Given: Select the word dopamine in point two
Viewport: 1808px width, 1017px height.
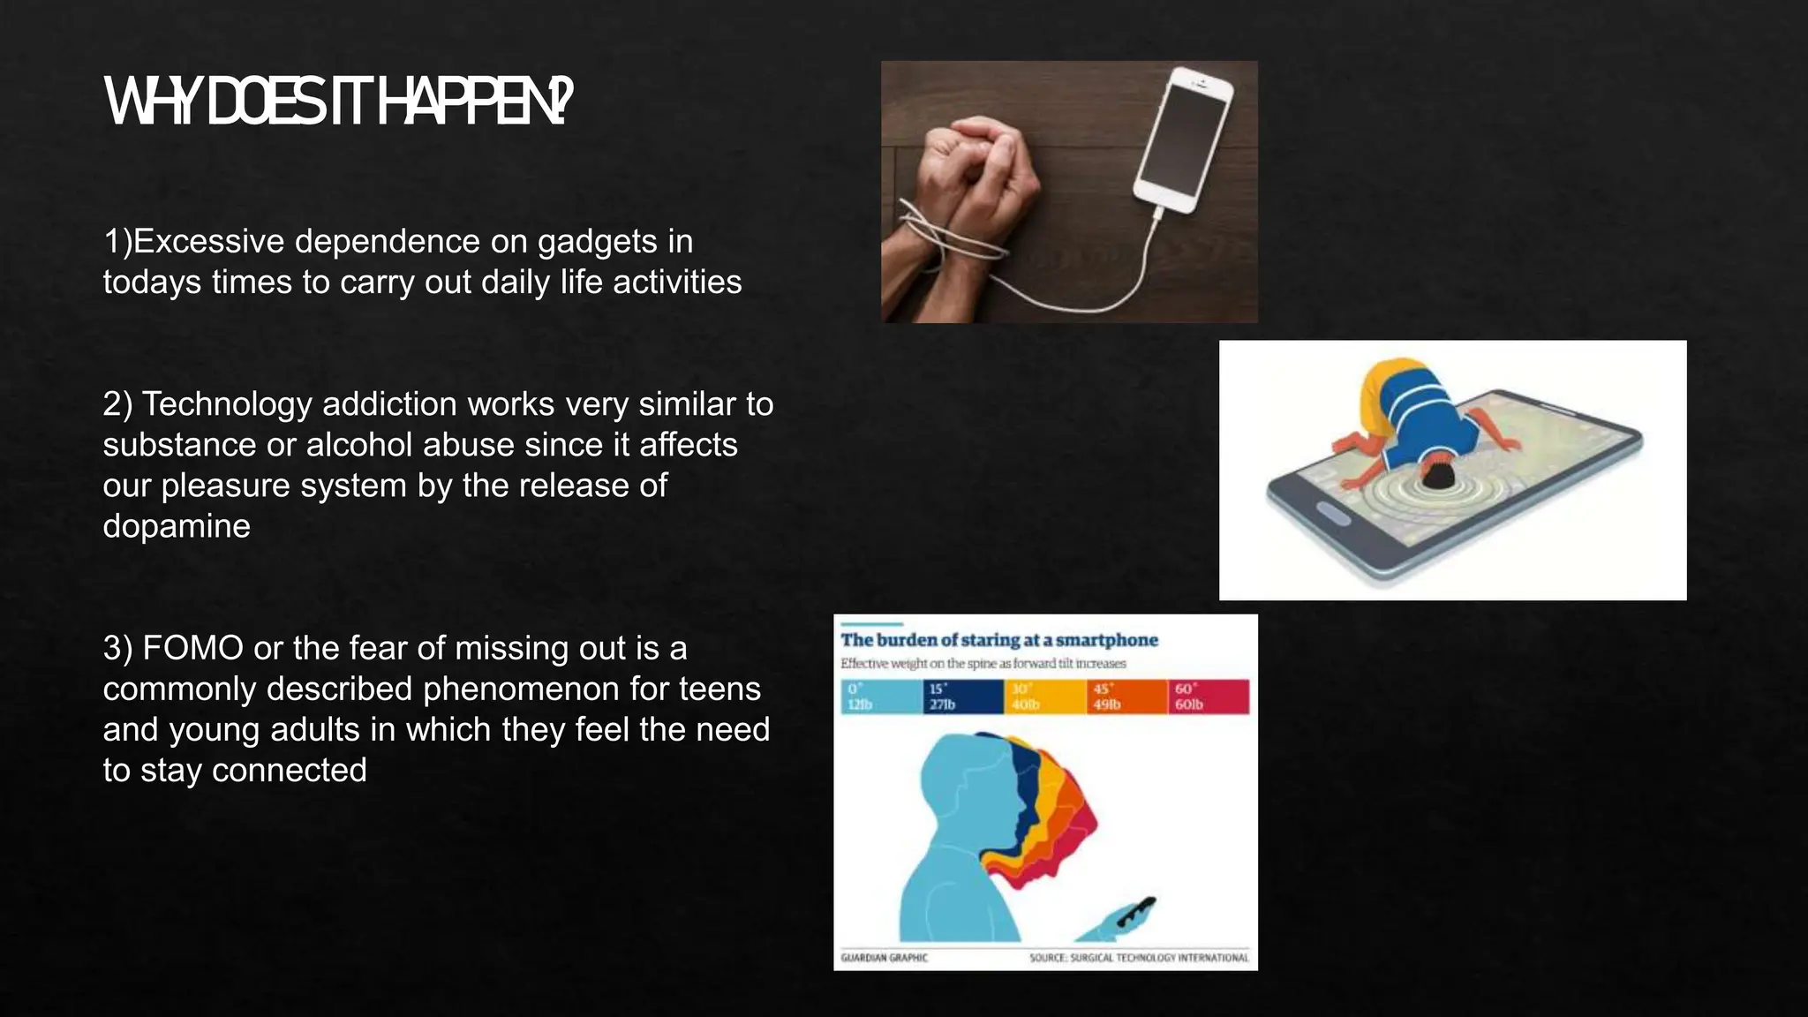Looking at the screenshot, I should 177,526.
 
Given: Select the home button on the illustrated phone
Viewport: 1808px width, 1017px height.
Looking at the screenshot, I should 1333,514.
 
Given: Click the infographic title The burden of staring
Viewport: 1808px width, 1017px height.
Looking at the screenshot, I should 998,640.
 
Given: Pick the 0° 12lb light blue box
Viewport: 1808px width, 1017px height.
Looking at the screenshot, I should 880,697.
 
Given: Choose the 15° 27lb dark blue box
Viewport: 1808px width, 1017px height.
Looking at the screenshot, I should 962,697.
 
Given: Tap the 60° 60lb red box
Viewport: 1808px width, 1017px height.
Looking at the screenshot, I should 1209,697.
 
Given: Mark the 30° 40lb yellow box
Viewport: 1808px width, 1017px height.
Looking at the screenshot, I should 1044,697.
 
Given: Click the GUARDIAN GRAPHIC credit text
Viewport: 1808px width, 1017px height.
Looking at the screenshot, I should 884,958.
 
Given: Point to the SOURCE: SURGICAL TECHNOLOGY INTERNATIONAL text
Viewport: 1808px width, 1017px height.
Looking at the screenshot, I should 1139,958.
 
